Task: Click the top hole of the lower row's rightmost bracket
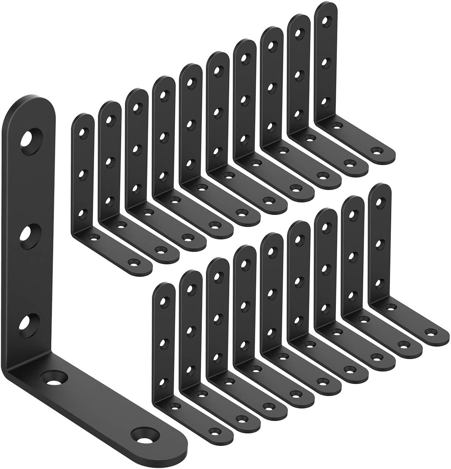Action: tap(380, 201)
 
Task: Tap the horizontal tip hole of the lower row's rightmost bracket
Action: tap(430, 331)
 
